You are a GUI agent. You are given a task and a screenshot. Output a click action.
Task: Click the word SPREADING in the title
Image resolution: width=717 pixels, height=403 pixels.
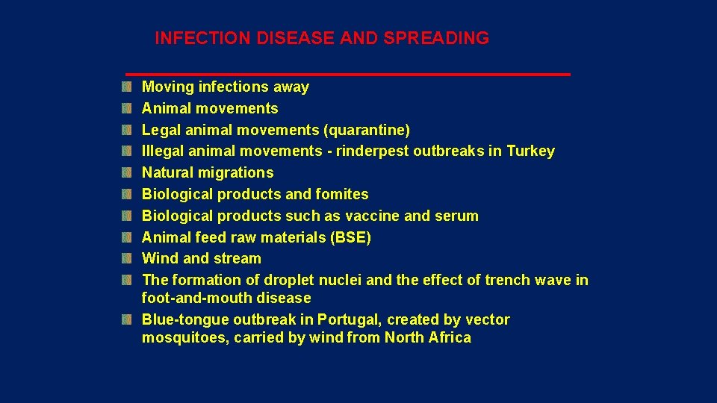[436, 38]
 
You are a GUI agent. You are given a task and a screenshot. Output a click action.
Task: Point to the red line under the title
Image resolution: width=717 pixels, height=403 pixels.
[347, 75]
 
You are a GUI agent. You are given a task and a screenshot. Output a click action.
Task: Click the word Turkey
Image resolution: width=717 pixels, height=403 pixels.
[530, 151]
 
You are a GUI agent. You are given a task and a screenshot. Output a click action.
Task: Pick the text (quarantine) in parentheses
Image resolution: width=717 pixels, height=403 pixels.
[366, 130]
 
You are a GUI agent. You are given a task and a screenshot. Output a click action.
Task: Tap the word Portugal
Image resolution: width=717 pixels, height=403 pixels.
[349, 320]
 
